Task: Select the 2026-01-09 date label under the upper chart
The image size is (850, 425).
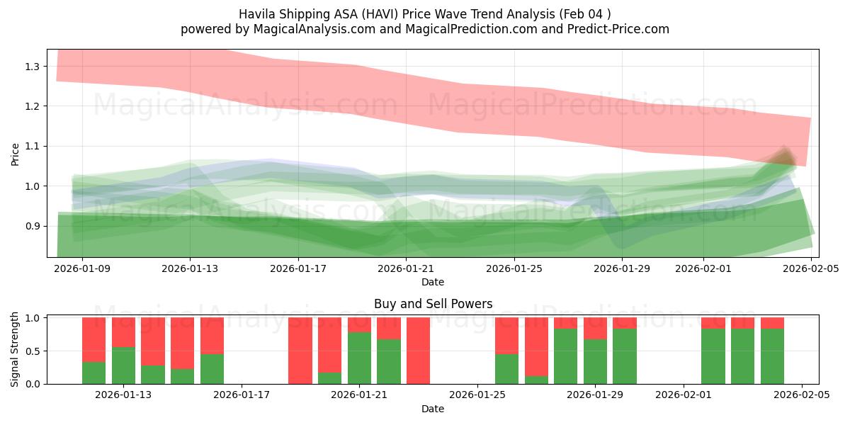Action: [x=82, y=269]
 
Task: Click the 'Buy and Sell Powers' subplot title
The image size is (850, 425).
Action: [x=433, y=304]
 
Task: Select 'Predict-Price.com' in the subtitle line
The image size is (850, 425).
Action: [x=613, y=29]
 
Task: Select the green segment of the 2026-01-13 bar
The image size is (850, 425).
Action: [x=123, y=365]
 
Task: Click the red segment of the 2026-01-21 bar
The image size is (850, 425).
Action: [x=359, y=324]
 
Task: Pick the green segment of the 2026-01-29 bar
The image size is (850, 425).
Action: [x=595, y=362]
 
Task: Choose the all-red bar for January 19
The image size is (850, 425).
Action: [x=300, y=351]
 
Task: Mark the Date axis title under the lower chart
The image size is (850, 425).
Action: [x=433, y=409]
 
